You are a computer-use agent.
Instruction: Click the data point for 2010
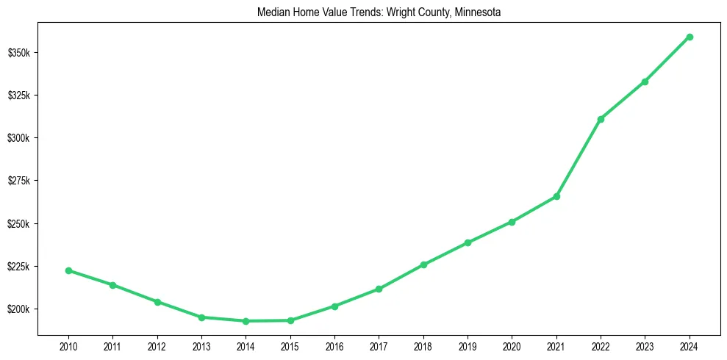coord(68,270)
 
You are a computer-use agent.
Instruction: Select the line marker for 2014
coord(246,321)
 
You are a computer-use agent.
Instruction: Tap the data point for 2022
coord(601,119)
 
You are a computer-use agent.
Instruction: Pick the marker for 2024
coord(690,37)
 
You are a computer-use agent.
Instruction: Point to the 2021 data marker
coord(556,196)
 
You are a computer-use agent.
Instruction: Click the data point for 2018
coord(423,264)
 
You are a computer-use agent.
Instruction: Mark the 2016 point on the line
coord(334,306)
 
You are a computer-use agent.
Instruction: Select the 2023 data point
coord(645,82)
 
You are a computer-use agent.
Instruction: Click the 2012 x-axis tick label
coord(157,345)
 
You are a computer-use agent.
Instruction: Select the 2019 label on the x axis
coord(468,345)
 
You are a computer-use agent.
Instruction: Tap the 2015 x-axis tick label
coord(290,345)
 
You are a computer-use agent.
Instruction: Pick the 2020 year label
coord(512,345)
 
